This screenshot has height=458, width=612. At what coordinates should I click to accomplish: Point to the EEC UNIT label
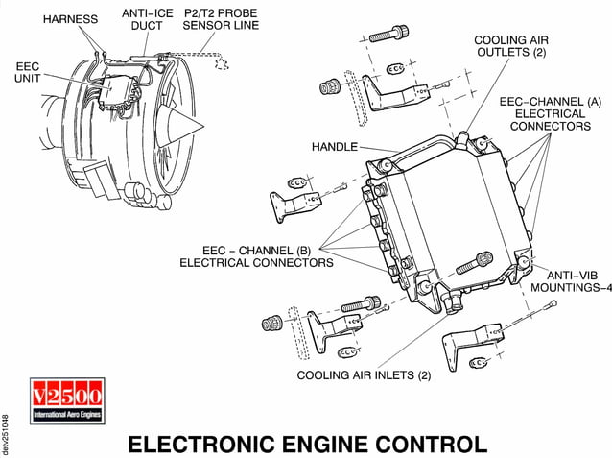[28, 72]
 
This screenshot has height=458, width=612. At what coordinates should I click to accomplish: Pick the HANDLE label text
[334, 148]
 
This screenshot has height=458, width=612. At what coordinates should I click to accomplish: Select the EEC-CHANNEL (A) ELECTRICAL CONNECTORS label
[549, 112]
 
